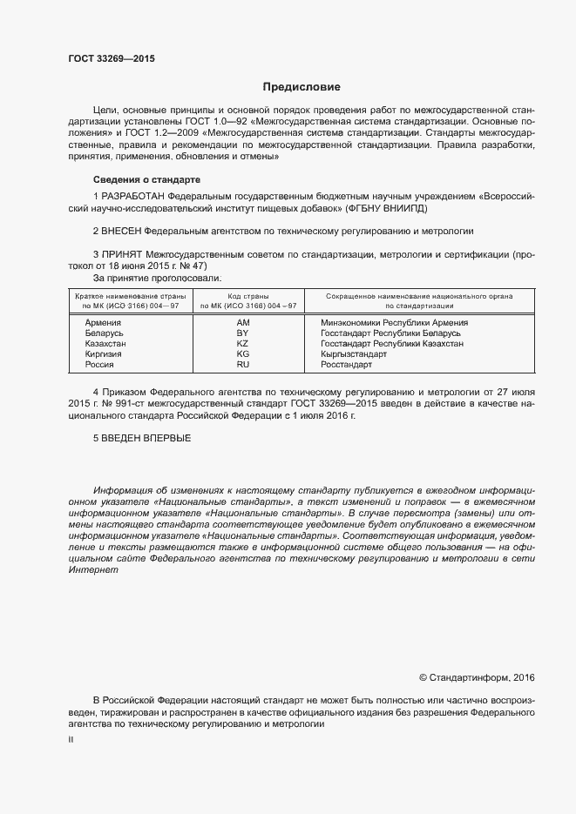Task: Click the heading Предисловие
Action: [302, 87]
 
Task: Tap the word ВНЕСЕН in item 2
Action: [121, 232]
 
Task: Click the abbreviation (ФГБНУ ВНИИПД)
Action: [402, 209]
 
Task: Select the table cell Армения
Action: [103, 323]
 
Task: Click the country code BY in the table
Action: [243, 333]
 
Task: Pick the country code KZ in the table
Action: [243, 344]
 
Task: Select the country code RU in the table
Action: [243, 365]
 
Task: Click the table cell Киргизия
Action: [104, 354]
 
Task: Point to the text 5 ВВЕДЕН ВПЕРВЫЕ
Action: [142, 437]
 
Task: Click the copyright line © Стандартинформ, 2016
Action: [477, 677]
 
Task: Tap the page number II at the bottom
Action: [71, 740]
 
